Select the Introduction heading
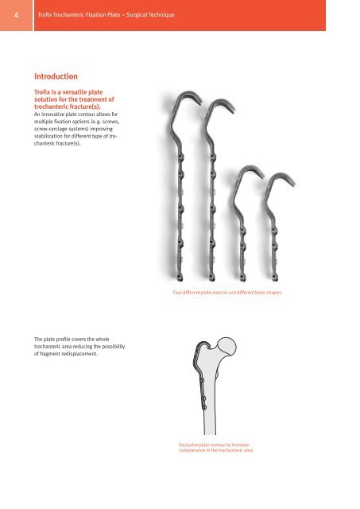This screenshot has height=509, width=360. click(55, 76)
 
